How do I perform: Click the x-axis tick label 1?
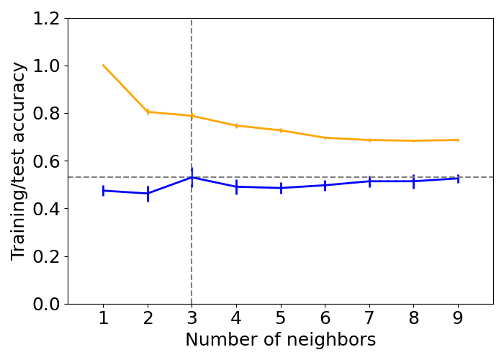coord(103,318)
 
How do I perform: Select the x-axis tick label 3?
coord(192,318)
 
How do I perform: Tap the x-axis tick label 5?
coord(281,318)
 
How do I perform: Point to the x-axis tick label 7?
coord(369,318)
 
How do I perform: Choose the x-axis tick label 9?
coord(458,318)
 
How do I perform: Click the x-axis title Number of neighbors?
coord(281,340)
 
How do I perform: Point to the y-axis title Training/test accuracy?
coord(19,161)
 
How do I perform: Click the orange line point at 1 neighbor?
coord(103,66)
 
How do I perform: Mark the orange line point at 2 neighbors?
coord(148,112)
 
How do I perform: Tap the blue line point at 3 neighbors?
coord(192,177)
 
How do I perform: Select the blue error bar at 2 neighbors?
coord(148,194)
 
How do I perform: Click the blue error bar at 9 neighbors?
coord(458,178)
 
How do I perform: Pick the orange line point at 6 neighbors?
coord(325,138)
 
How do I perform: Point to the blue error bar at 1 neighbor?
coord(103,191)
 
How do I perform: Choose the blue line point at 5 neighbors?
coord(281,188)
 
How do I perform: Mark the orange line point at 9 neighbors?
coord(458,140)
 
